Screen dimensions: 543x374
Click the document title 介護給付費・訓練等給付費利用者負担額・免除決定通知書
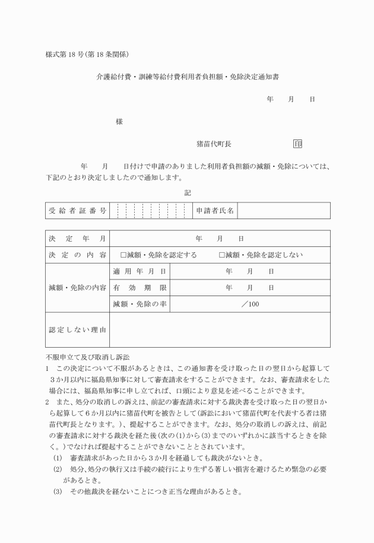[188, 77]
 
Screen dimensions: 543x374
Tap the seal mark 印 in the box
[297, 144]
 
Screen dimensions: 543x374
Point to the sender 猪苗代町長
[214, 144]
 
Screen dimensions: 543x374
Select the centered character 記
[188, 193]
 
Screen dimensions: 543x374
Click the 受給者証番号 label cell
[78, 210]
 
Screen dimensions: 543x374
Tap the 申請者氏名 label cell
[215, 210]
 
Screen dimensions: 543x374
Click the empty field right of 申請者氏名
[284, 210]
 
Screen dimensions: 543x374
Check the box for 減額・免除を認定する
[123, 255]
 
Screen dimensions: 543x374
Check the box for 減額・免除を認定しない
[222, 255]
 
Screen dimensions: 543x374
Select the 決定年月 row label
[78, 239]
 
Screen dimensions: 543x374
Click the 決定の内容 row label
[78, 255]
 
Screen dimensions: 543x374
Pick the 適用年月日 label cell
[140, 271]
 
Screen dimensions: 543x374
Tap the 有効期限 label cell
[140, 288]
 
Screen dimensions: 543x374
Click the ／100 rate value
[250, 304]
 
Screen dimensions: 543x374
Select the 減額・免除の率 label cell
[140, 304]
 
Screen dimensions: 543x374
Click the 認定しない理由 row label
[78, 330]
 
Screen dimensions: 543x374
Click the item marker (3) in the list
[57, 492]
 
